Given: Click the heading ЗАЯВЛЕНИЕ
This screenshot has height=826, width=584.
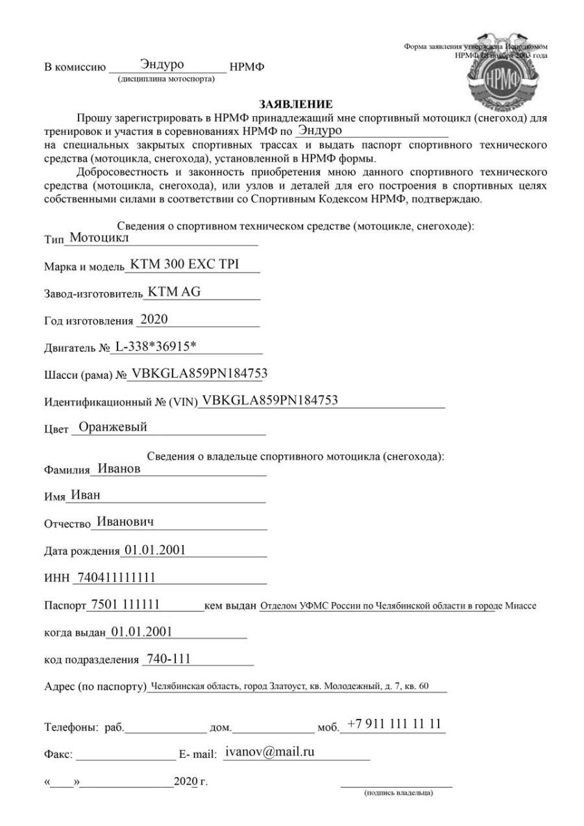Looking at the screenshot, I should [291, 104].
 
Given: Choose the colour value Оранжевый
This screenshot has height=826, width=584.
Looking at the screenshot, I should [113, 428].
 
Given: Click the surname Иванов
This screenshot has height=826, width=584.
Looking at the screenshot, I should [119, 469].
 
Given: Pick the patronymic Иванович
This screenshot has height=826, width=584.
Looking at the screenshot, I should [125, 521].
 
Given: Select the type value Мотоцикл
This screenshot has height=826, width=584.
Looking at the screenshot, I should [97, 236].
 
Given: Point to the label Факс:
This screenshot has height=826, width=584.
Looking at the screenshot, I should [58, 754].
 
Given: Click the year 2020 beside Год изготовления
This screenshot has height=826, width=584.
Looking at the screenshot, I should [154, 319].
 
